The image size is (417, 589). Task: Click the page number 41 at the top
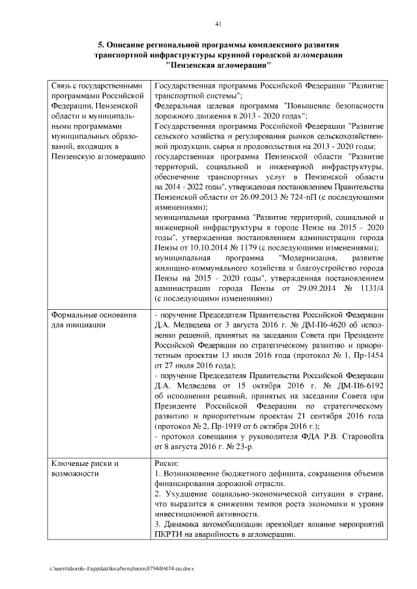[x=218, y=24]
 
